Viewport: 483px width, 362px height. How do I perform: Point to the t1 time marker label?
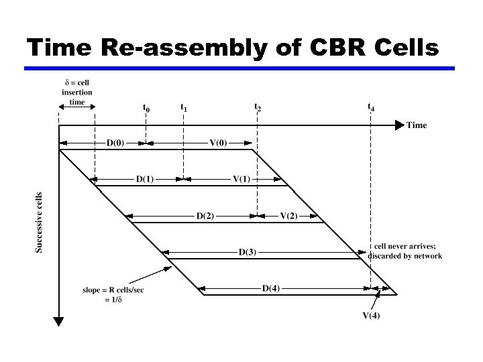pos(184,107)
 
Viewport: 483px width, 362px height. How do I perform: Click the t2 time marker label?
pos(258,107)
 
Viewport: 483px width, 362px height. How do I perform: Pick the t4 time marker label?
pos(371,107)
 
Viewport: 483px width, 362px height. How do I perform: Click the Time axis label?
pos(416,125)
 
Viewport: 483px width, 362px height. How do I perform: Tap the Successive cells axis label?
pos(39,223)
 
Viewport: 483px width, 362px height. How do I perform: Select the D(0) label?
pos(115,143)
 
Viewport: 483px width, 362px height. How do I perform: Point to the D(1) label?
pos(145,179)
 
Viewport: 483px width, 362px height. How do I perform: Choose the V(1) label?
pos(242,179)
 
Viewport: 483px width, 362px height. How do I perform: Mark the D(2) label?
pos(205,216)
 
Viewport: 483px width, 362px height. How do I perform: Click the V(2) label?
pos(288,216)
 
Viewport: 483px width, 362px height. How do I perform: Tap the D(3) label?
pos(247,253)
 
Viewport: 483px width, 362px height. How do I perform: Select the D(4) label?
pos(271,289)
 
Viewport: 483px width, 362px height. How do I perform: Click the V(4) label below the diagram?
pos(371,316)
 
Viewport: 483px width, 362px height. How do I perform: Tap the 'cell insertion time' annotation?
pos(77,93)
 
